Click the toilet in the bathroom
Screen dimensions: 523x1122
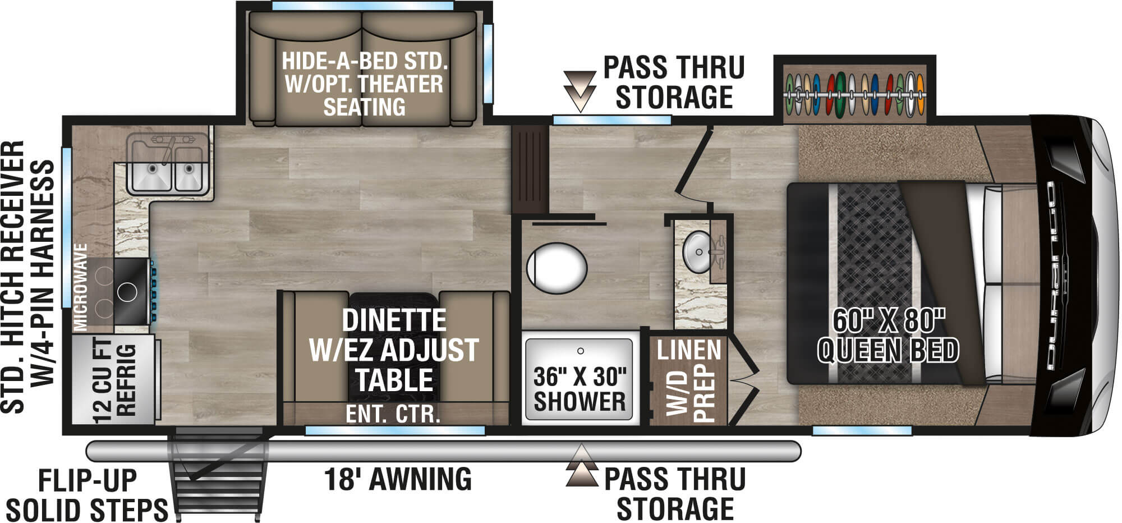557,268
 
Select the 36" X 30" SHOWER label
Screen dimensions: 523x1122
580,389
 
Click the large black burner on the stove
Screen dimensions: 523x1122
127,292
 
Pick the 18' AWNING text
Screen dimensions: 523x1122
398,479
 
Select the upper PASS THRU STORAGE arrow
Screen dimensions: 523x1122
580,90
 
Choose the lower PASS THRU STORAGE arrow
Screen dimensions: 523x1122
582,466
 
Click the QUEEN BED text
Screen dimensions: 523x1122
888,351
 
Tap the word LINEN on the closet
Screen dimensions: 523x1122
689,350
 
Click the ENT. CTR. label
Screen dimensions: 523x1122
393,414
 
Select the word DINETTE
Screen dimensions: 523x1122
394,320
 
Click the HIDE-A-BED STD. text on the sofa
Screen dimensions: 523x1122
365,61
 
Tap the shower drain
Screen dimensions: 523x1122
581,351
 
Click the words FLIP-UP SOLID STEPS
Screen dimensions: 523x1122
87,496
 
